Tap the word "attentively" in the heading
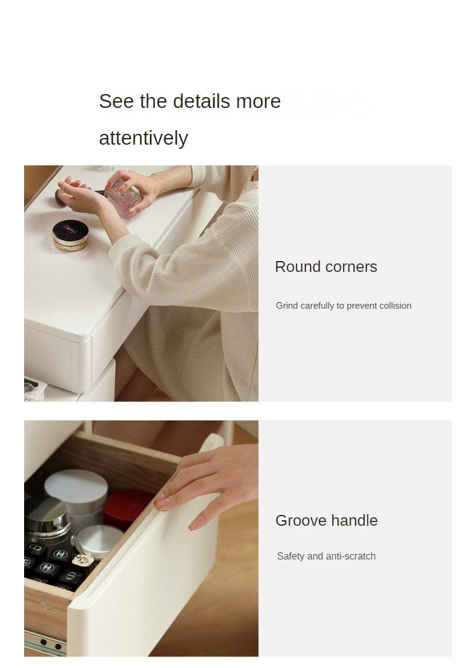coord(143,139)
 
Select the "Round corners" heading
coord(326,266)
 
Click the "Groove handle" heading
coord(327,521)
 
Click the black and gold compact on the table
coord(70,235)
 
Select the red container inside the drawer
coord(127,509)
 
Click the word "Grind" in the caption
coord(287,306)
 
